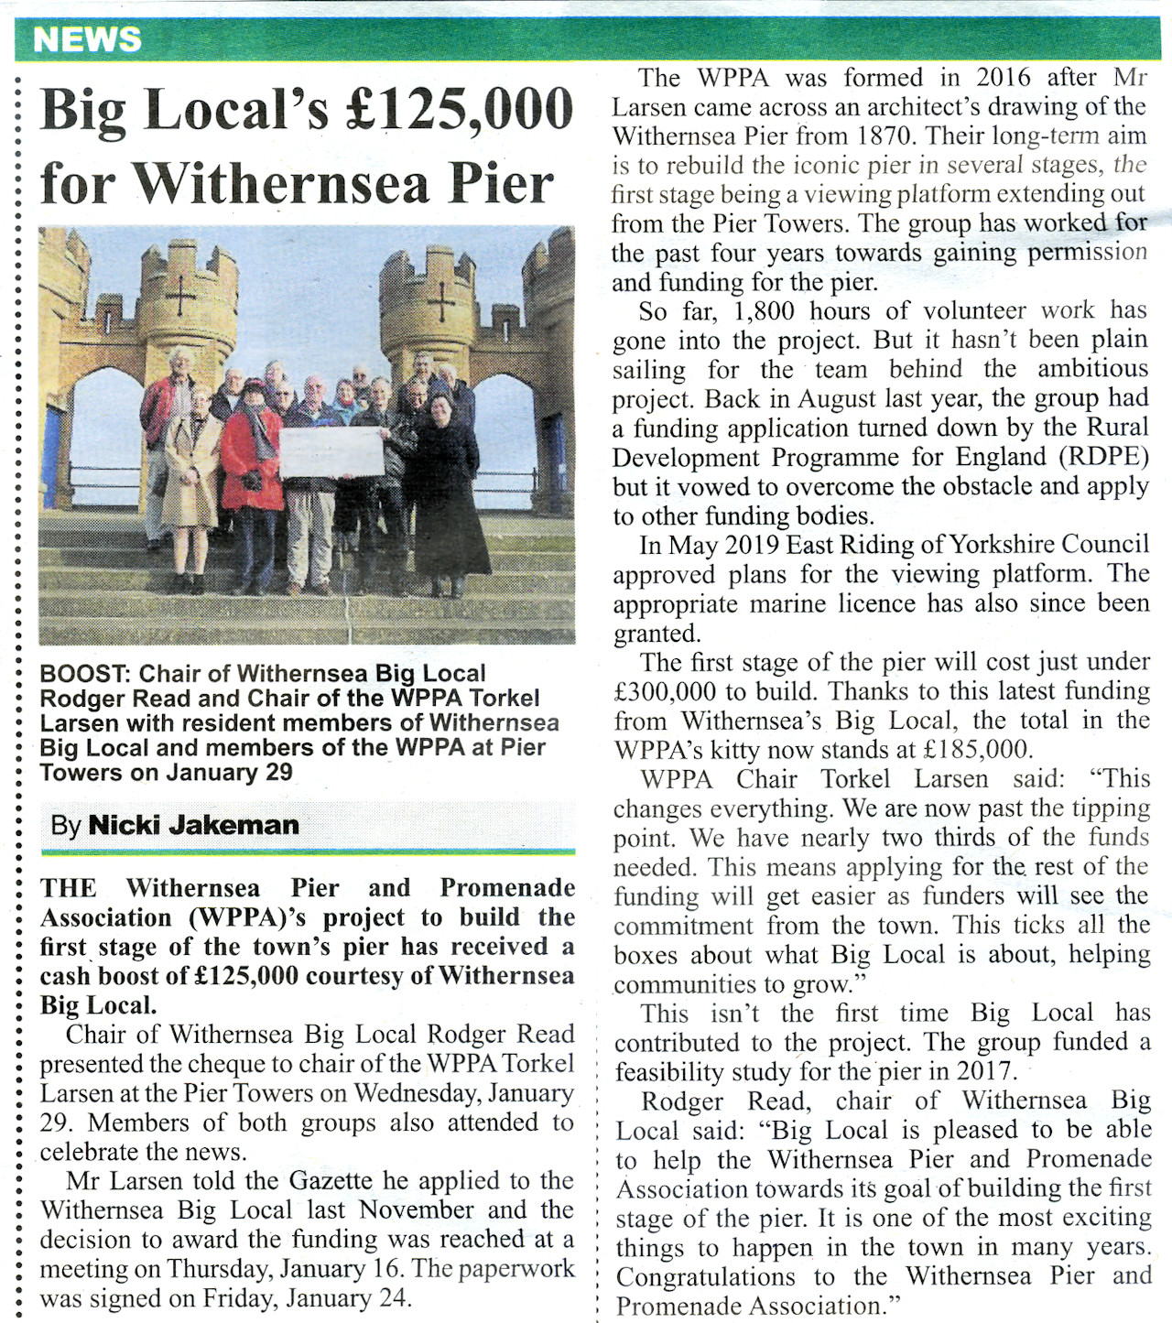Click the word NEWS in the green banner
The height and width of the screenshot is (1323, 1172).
click(87, 39)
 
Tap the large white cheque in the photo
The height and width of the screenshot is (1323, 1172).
click(331, 452)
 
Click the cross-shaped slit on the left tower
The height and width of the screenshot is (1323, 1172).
click(179, 295)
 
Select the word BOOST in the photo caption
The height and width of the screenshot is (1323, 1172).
click(84, 674)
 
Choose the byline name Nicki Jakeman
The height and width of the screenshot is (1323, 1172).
click(193, 825)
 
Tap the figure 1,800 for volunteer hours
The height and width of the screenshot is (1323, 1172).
click(764, 310)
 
